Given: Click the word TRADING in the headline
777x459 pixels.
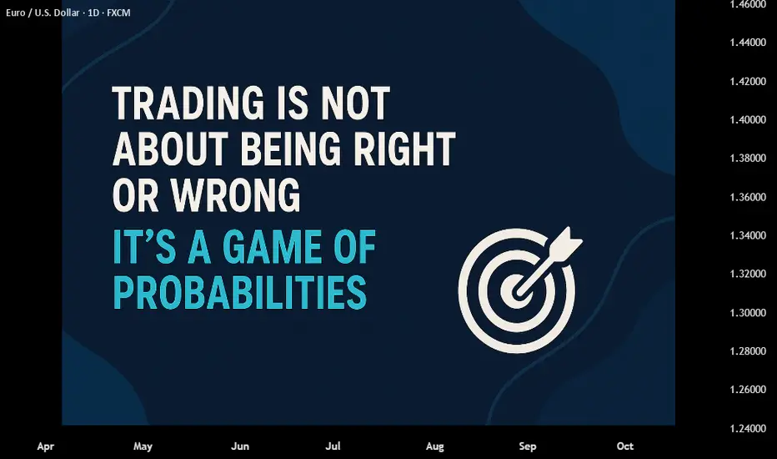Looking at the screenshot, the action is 188,103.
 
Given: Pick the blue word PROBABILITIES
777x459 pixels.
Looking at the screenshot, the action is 240,292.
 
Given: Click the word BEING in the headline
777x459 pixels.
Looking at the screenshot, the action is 291,149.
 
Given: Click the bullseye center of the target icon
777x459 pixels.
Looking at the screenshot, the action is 518,291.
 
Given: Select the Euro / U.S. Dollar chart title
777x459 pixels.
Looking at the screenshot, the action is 68,13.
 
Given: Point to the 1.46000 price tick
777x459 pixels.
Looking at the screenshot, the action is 748,4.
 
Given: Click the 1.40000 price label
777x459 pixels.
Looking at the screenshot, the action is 748,119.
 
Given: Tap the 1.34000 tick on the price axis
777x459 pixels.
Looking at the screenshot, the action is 748,235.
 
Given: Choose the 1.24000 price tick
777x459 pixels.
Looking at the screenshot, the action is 748,428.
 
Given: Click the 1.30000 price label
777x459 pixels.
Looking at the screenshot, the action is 748,313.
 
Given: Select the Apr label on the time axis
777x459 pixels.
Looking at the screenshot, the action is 46,446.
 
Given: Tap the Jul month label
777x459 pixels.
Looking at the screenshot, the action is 333,446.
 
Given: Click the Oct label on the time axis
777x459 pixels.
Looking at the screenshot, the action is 625,446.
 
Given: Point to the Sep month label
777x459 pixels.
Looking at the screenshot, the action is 527,446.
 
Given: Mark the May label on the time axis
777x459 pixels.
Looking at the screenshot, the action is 143,446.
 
